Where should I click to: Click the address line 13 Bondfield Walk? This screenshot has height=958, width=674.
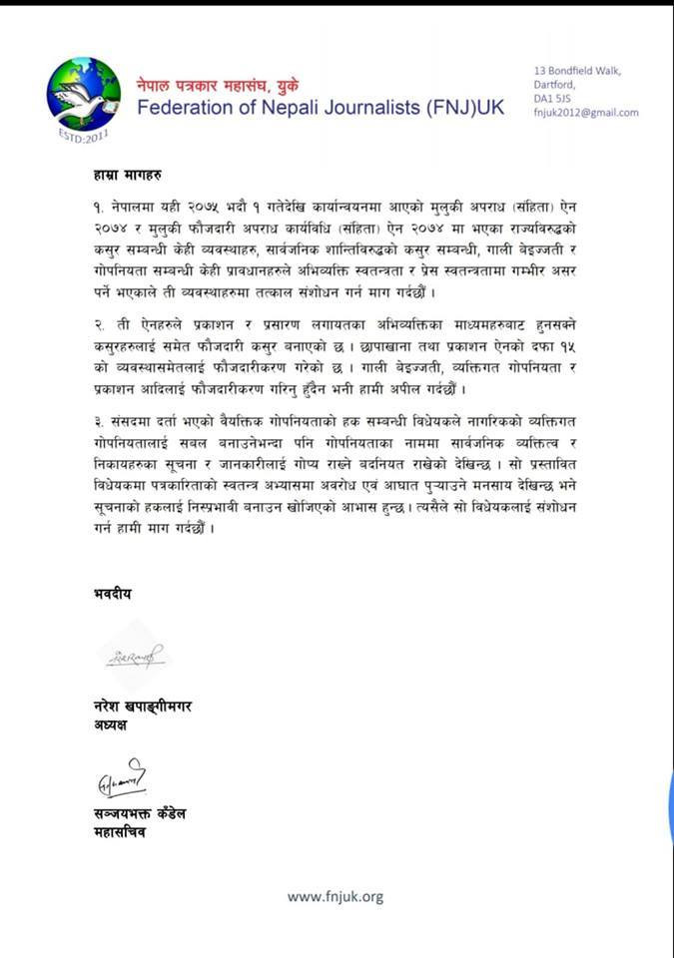click(577, 70)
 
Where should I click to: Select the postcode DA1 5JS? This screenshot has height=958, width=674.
click(552, 99)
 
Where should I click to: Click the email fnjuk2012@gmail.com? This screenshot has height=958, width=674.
click(586, 113)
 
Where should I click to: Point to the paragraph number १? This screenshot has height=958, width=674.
click(88, 214)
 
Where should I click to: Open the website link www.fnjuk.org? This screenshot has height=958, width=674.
click(336, 897)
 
